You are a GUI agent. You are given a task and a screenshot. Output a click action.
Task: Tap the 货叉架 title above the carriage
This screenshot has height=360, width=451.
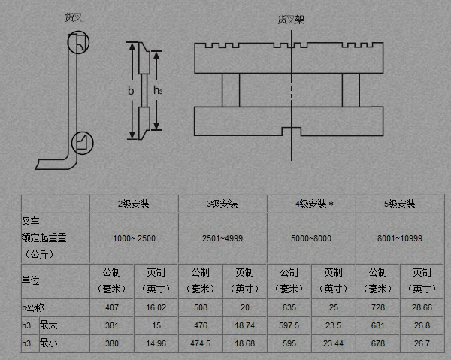pyautogui.click(x=290, y=19)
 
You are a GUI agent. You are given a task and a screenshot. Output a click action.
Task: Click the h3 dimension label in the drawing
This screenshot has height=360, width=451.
pyautogui.click(x=158, y=90)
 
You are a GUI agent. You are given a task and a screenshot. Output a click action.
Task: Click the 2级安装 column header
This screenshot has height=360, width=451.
pyautogui.click(x=134, y=204)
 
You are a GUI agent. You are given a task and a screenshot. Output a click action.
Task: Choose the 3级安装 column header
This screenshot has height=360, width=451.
pyautogui.click(x=222, y=204)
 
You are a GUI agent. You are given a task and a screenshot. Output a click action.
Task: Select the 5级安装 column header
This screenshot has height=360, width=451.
pyautogui.click(x=400, y=204)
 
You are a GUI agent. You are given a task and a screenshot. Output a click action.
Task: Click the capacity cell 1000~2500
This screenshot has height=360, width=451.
pyautogui.click(x=134, y=238)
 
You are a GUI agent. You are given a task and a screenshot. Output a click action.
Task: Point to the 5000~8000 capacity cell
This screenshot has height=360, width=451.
pyautogui.click(x=311, y=238)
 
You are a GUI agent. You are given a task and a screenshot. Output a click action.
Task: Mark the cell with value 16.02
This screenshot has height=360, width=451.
pyautogui.click(x=156, y=307)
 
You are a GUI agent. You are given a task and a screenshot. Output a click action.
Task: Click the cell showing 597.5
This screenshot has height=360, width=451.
pyautogui.click(x=289, y=325)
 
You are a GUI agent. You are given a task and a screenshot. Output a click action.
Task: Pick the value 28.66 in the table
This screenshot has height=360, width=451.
pyautogui.click(x=421, y=307)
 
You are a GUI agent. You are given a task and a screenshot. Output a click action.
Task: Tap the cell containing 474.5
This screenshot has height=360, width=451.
pyautogui.click(x=201, y=343)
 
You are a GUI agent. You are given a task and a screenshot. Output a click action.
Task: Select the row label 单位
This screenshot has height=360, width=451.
pyautogui.click(x=30, y=280)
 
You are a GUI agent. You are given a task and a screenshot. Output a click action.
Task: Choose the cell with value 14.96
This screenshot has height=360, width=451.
pyautogui.click(x=156, y=343)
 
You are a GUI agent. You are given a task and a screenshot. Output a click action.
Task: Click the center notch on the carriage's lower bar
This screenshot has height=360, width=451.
pyautogui.click(x=290, y=132)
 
